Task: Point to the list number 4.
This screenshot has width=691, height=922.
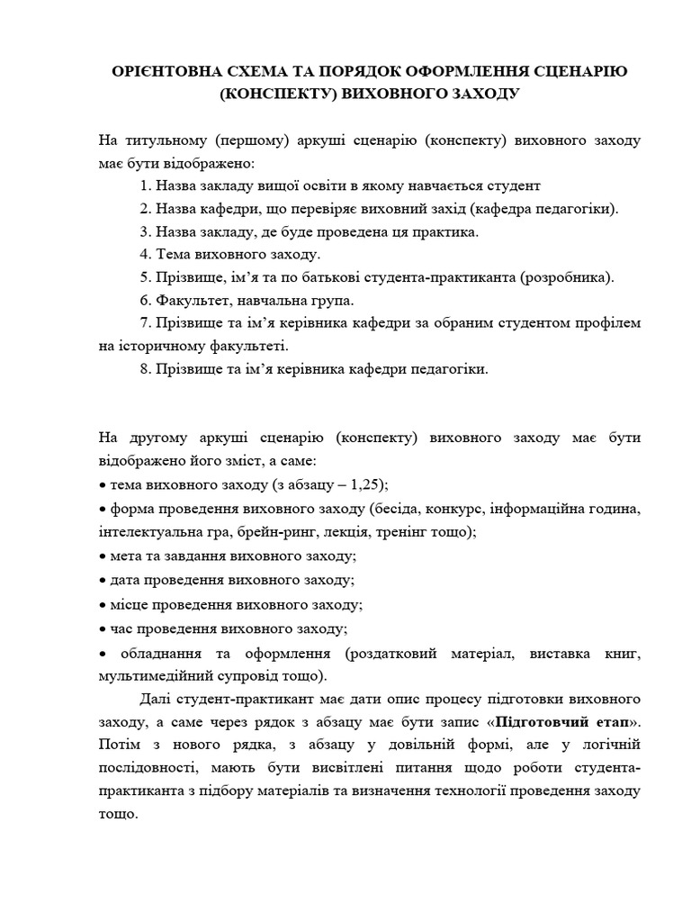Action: coord(147,255)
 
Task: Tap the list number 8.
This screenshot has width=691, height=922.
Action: coord(147,368)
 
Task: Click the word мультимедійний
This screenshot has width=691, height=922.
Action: coord(151,673)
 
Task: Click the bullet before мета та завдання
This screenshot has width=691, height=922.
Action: coord(102,556)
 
